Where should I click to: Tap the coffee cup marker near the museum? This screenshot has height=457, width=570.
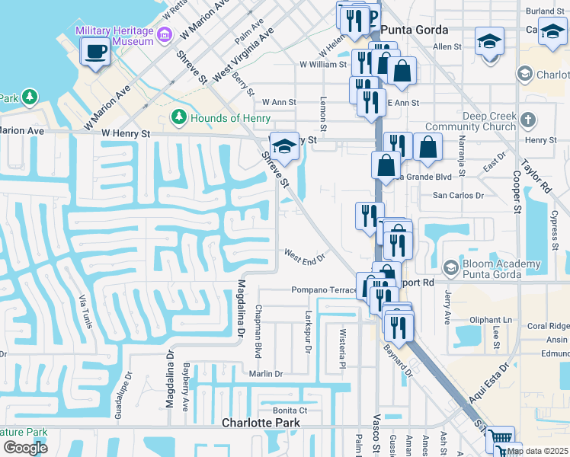pos(95,52)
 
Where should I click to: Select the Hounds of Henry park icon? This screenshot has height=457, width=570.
pos(179,117)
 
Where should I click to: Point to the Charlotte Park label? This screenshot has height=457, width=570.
pos(261,423)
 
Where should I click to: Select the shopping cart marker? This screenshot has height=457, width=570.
pos(499,438)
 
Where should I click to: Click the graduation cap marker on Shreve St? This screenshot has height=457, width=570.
pos(284,146)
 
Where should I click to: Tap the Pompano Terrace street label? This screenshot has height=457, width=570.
pos(324,290)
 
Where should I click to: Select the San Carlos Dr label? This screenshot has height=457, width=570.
pos(458,195)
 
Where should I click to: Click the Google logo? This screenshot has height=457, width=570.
pos(25,448)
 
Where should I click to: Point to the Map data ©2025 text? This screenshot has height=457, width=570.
pos(537,451)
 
